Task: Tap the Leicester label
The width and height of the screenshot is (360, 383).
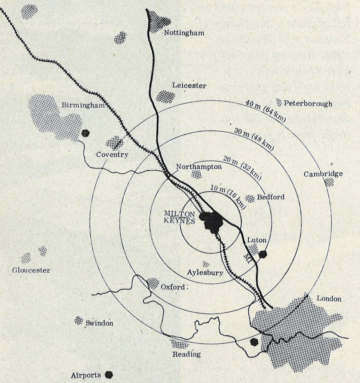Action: click(190, 86)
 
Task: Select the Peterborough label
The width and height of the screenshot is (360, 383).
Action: click(308, 103)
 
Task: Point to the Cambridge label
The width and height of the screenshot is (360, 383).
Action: click(323, 174)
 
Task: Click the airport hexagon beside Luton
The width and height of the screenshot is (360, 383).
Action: click(263, 254)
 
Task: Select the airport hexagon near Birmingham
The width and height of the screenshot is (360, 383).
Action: click(86, 133)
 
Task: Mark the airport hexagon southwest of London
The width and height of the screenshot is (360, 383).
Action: click(255, 342)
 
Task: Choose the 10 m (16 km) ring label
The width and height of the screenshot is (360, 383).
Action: click(228, 194)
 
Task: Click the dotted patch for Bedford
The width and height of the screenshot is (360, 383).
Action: click(250, 198)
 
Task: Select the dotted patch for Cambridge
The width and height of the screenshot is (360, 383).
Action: click(329, 182)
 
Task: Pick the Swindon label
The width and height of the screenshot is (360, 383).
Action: click(99, 323)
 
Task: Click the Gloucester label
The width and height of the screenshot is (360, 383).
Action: click(31, 270)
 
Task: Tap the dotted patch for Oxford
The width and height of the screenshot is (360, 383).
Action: click(152, 283)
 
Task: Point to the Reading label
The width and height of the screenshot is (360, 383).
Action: click(187, 354)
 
